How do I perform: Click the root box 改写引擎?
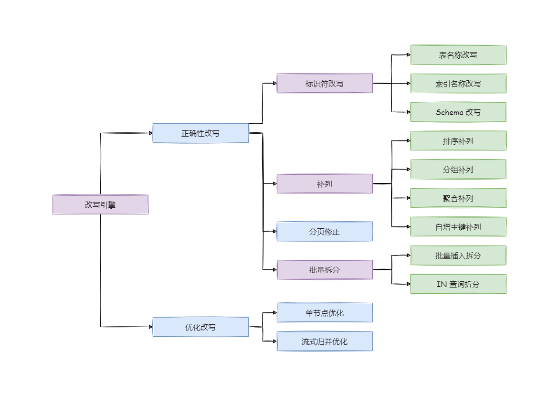tap(100, 204)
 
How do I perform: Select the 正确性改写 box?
tap(200, 133)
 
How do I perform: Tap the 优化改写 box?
tap(200, 327)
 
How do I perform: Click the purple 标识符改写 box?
tap(325, 83)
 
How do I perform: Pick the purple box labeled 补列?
tap(325, 183)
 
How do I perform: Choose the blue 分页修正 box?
tap(325, 232)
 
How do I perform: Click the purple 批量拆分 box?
tap(325, 270)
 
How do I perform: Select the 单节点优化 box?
tap(325, 313)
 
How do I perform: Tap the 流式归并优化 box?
tap(325, 342)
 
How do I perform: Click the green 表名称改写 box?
tap(458, 55)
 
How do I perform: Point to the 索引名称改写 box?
tap(458, 84)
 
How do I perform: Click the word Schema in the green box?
tap(449, 112)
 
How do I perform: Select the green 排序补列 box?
tap(458, 141)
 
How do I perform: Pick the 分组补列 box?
tap(458, 170)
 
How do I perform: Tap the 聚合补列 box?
tap(458, 198)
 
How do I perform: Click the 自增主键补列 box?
tap(458, 227)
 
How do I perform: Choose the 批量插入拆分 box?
tap(458, 256)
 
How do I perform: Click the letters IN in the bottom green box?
tap(442, 284)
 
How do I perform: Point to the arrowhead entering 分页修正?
tap(274, 231)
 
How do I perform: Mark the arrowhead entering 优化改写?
tap(150, 327)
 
